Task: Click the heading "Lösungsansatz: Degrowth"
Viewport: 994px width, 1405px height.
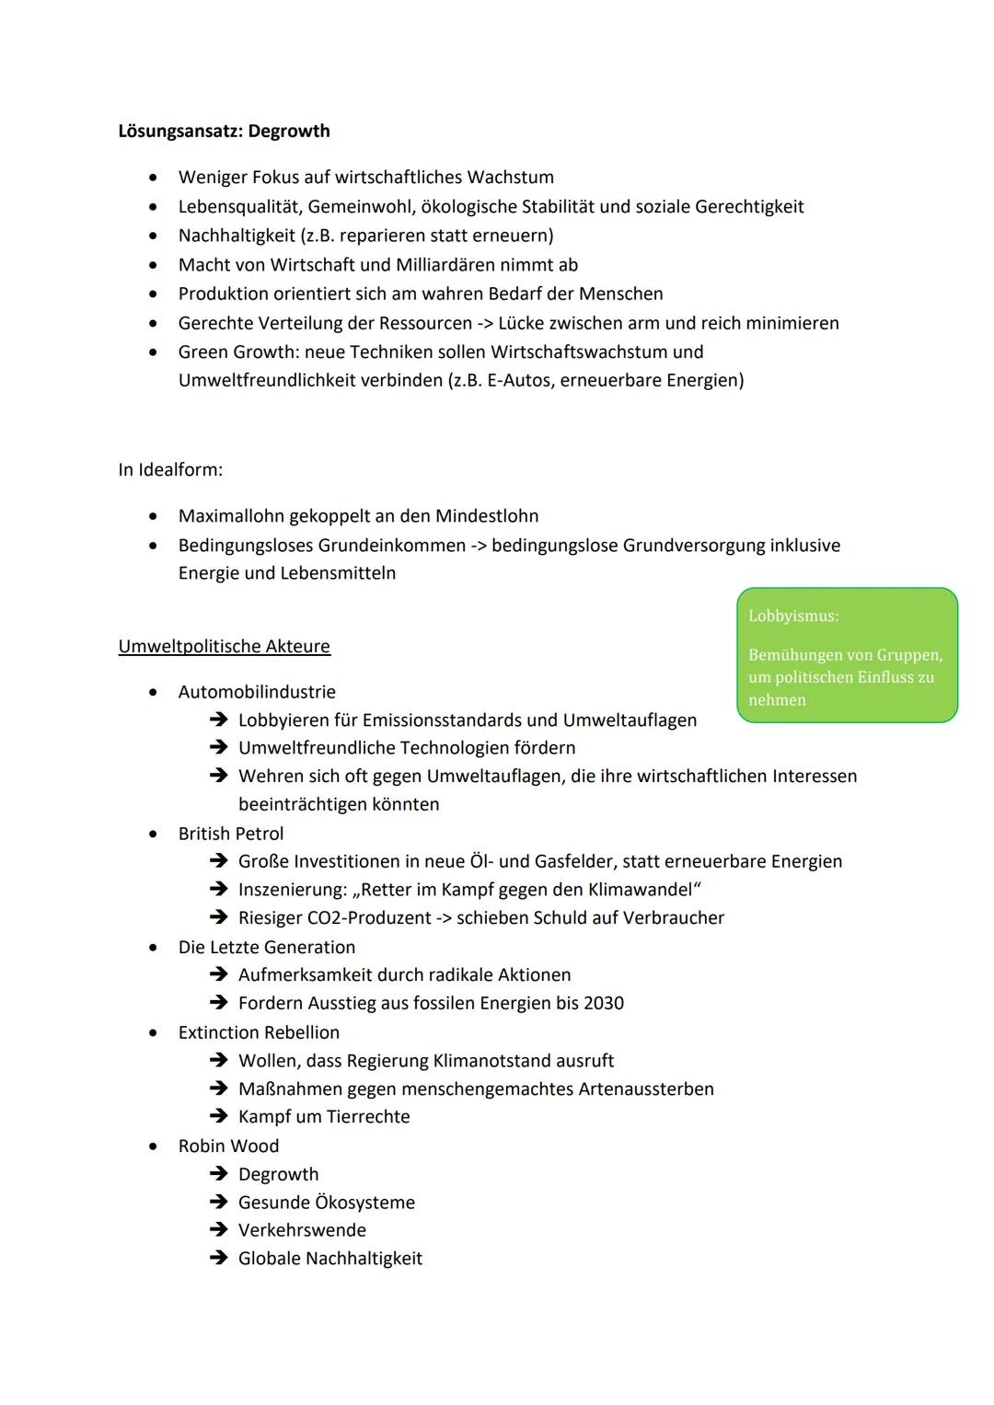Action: pyautogui.click(x=224, y=131)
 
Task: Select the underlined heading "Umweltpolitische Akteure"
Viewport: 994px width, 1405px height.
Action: pyautogui.click(x=224, y=646)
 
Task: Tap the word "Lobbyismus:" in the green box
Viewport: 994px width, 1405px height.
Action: pyautogui.click(x=793, y=616)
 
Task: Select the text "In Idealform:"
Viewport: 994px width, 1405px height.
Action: pyautogui.click(x=170, y=469)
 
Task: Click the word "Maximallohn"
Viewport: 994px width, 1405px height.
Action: pyautogui.click(x=231, y=515)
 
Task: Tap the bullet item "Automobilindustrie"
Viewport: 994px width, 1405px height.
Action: pyautogui.click(x=257, y=692)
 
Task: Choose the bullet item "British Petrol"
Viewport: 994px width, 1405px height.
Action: pyautogui.click(x=231, y=834)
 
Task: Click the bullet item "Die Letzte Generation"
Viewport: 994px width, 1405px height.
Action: pyautogui.click(x=266, y=947)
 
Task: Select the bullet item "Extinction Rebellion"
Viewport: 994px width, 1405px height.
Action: pyautogui.click(x=259, y=1032)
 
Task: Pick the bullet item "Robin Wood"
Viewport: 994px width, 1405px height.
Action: pyautogui.click(x=228, y=1146)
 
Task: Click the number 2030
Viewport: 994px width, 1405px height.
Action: pyautogui.click(x=604, y=1003)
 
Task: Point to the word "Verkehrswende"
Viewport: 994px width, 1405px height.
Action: pyautogui.click(x=302, y=1230)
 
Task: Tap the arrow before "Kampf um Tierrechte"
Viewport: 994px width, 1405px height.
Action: pyautogui.click(x=218, y=1116)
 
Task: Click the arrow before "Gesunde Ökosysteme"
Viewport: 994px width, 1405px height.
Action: pyautogui.click(x=218, y=1202)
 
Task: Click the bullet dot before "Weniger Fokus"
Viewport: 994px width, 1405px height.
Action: pyautogui.click(x=153, y=177)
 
